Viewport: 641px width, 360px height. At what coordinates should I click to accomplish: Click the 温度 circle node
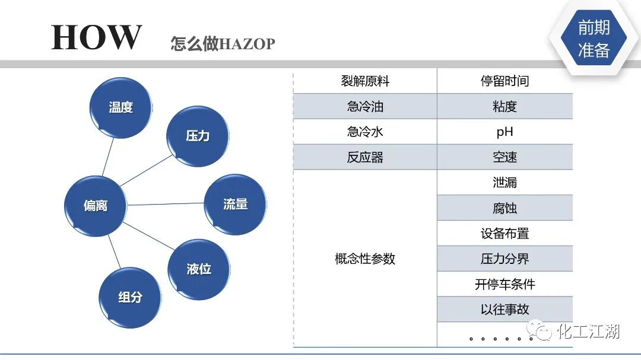point(120,108)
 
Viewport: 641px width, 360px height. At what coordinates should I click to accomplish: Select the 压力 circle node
point(198,136)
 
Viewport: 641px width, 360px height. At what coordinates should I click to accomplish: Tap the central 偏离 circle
point(96,206)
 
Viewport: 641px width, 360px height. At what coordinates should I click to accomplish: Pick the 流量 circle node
point(235,205)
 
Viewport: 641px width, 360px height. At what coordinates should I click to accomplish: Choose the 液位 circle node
point(199,269)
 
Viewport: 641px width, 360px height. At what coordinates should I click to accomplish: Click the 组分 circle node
point(130,297)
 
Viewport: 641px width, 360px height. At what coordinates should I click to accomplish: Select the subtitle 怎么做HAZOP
point(223,44)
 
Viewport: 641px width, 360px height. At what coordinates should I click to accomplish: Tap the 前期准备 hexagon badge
point(594,39)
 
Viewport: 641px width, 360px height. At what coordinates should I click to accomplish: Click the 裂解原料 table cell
point(365,81)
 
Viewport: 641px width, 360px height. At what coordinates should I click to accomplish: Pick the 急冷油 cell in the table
point(365,107)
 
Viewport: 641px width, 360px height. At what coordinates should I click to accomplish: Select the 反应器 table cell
point(365,157)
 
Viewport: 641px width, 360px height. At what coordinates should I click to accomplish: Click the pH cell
point(504,132)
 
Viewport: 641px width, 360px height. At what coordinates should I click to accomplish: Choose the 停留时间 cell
point(504,81)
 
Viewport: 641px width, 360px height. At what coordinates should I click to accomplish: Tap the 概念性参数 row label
point(365,259)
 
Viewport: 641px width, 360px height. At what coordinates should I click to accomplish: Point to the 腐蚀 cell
point(504,208)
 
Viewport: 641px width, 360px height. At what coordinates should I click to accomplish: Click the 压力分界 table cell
point(504,259)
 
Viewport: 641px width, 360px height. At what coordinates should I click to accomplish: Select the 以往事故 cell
point(504,309)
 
